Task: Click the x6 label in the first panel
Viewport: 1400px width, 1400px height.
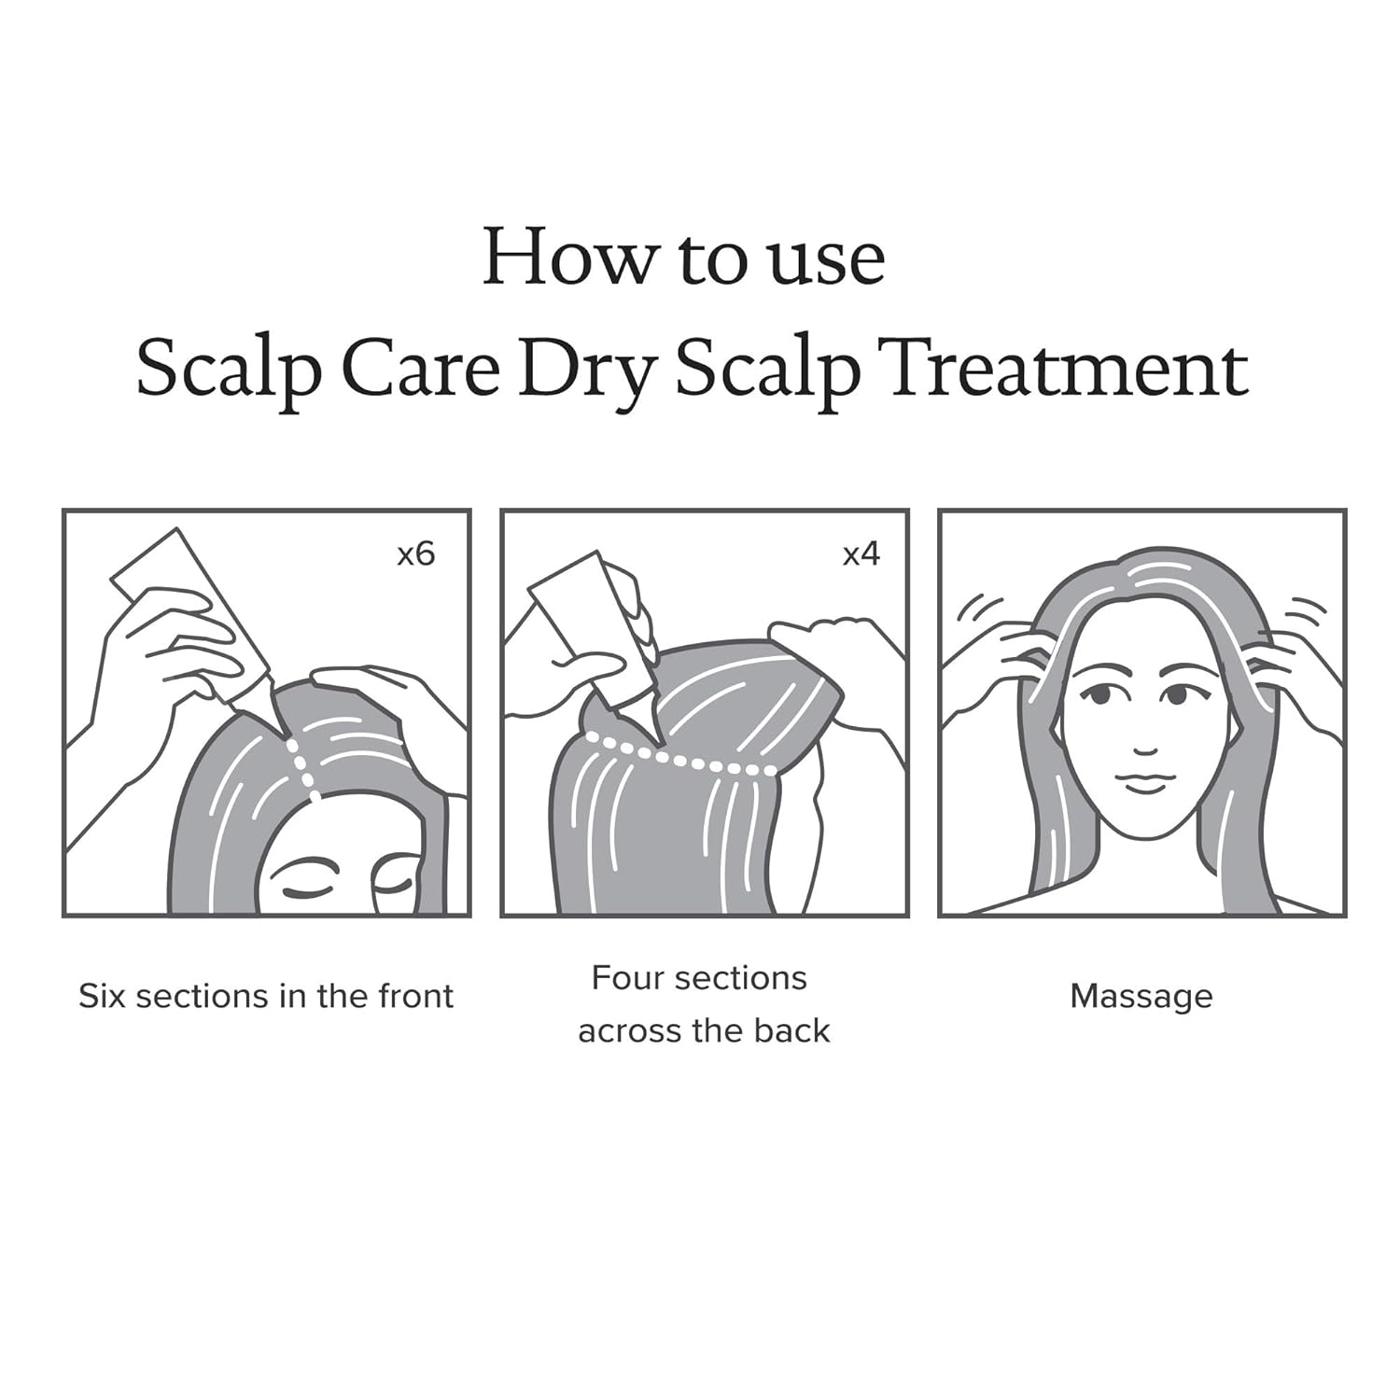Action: [x=416, y=554]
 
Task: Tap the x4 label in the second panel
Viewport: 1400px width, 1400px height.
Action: [x=861, y=554]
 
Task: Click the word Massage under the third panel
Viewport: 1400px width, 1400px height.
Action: [x=1141, y=996]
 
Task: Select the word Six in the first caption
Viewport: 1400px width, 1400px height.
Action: [x=103, y=996]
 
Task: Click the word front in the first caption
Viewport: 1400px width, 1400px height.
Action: [x=414, y=996]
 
